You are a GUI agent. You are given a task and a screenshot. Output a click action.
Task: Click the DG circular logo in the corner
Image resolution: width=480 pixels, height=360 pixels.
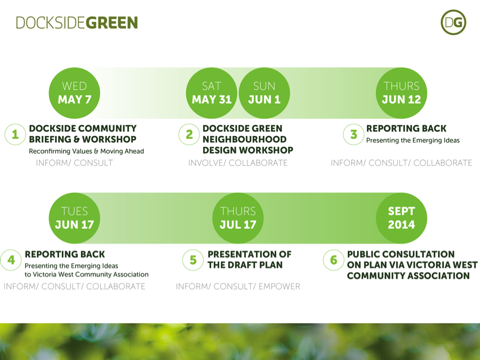[453, 22]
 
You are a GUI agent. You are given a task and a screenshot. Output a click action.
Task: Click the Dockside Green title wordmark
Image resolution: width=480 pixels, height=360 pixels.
[77, 23]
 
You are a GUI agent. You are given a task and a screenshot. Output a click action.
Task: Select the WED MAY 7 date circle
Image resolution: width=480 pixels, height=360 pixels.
[75, 93]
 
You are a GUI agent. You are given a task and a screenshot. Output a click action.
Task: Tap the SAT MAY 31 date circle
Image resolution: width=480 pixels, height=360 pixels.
[211, 93]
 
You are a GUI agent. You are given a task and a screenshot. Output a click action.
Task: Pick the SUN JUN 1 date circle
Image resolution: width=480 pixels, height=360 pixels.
[264, 93]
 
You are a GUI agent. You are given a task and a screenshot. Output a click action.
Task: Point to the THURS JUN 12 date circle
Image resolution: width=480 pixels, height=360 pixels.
[401, 93]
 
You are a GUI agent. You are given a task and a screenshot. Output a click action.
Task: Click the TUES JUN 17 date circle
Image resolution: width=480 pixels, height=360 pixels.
[75, 218]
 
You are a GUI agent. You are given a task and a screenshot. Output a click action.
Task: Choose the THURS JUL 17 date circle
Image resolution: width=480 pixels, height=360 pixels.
[238, 218]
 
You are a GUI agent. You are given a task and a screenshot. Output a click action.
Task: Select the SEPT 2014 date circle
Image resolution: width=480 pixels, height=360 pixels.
[401, 218]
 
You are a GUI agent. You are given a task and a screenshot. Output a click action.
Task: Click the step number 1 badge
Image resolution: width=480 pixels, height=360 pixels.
[15, 135]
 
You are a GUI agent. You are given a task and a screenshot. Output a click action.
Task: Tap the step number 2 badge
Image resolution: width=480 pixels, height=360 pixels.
[189, 135]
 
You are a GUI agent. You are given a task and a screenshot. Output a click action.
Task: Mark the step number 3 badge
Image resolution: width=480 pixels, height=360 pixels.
[353, 135]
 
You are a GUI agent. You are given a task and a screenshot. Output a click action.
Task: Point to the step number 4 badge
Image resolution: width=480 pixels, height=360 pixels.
[11, 260]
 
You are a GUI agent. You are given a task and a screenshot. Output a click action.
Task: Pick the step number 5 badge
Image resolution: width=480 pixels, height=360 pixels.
[193, 260]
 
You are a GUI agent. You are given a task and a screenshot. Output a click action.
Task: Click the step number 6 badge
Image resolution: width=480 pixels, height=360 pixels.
[334, 260]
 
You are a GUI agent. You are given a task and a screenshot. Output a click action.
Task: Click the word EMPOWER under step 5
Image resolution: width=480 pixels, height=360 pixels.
[279, 287]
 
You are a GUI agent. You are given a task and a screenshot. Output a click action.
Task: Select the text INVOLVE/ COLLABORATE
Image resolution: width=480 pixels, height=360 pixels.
[238, 163]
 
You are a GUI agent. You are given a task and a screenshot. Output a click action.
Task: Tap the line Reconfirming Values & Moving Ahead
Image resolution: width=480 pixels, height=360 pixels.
[86, 151]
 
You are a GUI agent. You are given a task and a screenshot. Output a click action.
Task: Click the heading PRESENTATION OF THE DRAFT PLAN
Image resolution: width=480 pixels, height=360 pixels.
[249, 260]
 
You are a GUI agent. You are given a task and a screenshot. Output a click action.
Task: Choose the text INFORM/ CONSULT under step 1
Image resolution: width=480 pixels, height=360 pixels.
[75, 163]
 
